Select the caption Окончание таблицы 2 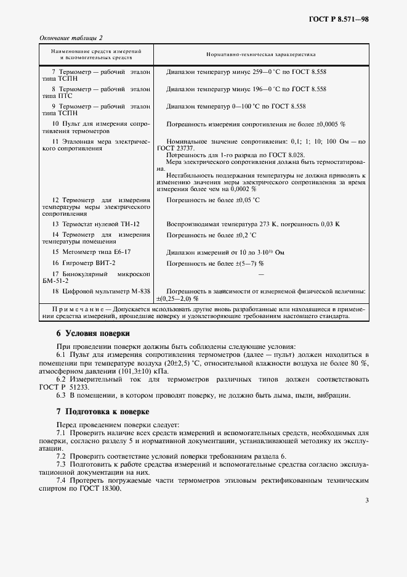point(71,38)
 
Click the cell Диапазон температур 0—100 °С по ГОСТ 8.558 point(236,106)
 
